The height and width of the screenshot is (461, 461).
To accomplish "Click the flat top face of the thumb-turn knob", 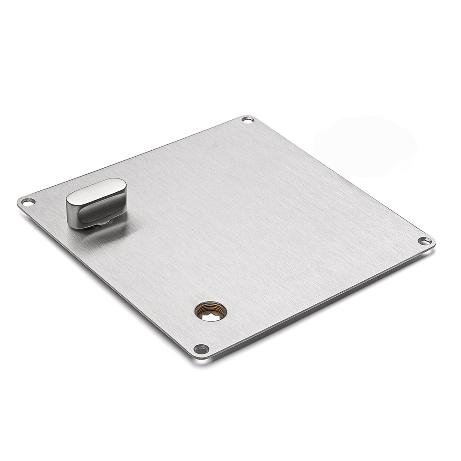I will click(x=96, y=192).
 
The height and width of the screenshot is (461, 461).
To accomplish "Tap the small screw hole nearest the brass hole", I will click(x=201, y=349).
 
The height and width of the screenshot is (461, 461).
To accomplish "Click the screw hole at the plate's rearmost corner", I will click(x=248, y=120).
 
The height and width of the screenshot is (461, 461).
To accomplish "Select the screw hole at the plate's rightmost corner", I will click(x=425, y=240).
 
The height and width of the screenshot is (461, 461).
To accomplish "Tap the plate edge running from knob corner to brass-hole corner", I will click(x=106, y=281).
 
